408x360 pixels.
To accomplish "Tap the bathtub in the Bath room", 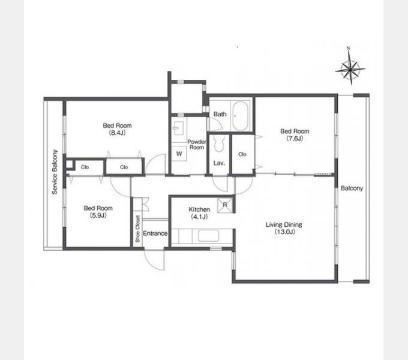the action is click(240, 116).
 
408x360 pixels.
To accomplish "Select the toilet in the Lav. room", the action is click(218, 143).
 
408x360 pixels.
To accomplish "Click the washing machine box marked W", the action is click(179, 154).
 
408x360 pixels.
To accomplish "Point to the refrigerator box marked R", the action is click(225, 205).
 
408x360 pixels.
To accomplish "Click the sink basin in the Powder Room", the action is click(179, 128).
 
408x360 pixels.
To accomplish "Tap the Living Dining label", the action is click(284, 228).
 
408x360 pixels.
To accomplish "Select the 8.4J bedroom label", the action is click(118, 129).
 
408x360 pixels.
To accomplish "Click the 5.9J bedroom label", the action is click(98, 211).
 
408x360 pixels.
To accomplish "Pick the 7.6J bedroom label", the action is click(295, 134).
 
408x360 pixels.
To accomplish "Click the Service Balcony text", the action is click(55, 172).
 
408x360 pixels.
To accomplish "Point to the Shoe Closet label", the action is click(137, 229).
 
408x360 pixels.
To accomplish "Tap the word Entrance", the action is click(155, 233).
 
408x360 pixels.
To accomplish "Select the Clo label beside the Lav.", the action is click(242, 154).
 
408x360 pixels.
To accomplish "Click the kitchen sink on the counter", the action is click(208, 236).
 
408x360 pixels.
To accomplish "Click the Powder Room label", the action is click(197, 145).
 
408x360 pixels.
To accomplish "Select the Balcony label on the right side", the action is click(352, 188).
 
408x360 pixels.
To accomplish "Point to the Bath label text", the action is click(220, 114).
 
